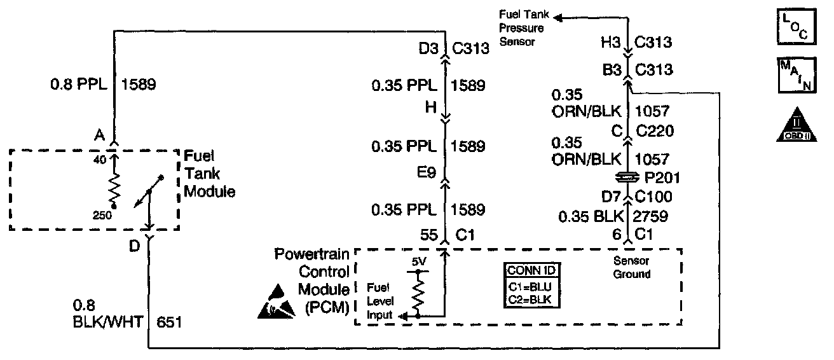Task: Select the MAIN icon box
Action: pyautogui.click(x=792, y=76)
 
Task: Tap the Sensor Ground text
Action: pyautogui.click(x=632, y=268)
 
